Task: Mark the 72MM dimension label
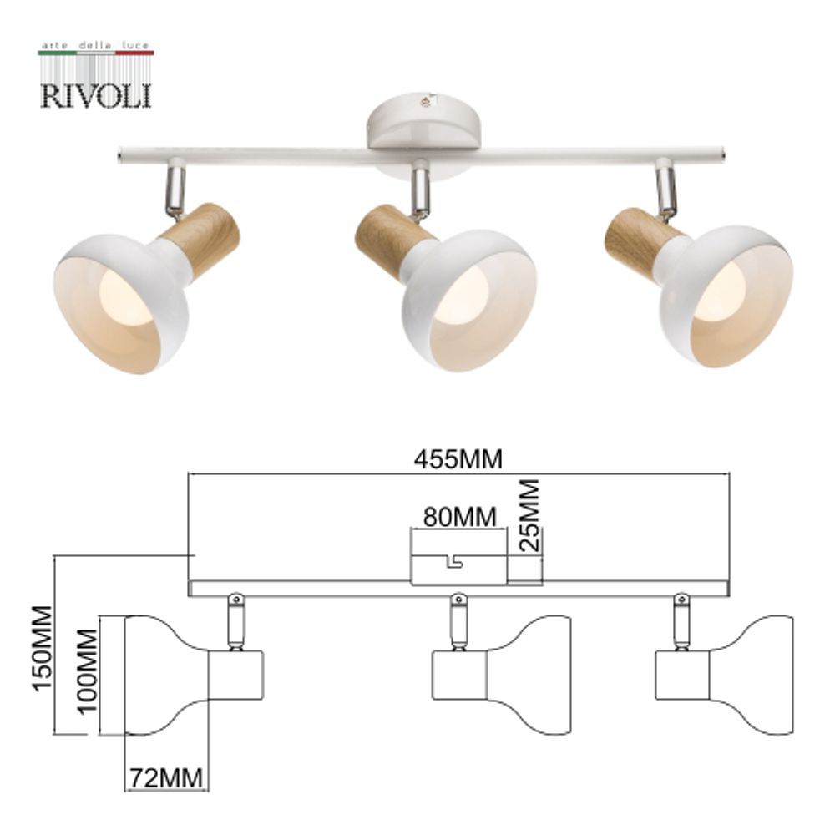point(165,778)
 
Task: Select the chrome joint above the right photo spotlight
point(665,188)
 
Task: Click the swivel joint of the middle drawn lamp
point(458,620)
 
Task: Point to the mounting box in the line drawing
point(458,568)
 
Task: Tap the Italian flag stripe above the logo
point(96,52)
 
